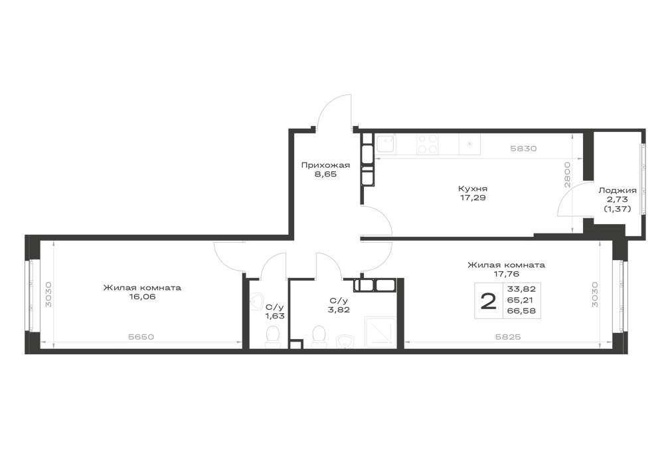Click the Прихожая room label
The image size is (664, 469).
click(x=325, y=165)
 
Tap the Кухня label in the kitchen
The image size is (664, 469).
click(x=473, y=188)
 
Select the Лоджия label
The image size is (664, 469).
click(x=618, y=191)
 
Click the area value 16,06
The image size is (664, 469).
click(x=143, y=297)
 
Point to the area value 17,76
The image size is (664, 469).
click(x=507, y=274)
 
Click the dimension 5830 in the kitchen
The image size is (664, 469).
click(x=523, y=149)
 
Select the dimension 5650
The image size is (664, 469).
click(x=141, y=337)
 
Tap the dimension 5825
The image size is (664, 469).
click(x=507, y=337)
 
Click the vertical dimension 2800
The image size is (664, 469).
click(x=568, y=174)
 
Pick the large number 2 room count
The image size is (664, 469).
click(x=488, y=302)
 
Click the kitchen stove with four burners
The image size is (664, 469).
click(x=427, y=144)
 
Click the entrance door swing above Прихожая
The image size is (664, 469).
click(x=335, y=111)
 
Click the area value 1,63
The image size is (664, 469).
click(x=275, y=316)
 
